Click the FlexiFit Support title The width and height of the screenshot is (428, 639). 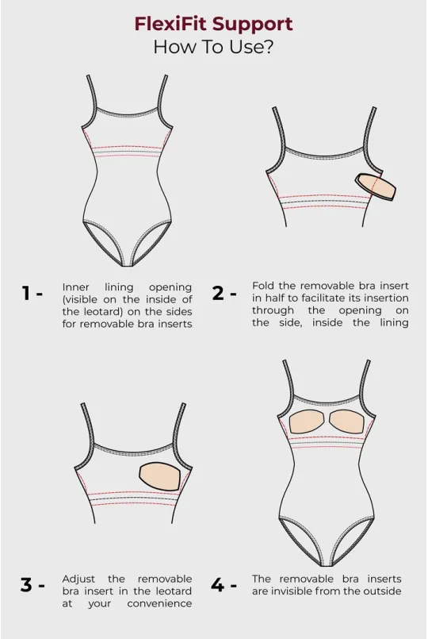tap(213, 24)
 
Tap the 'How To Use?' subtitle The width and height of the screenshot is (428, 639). tap(213, 47)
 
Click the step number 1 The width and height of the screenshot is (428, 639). tap(29, 294)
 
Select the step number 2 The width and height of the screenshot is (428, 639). tap(220, 294)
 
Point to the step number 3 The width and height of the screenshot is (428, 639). tap(29, 586)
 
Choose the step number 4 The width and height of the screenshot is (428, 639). tap(220, 586)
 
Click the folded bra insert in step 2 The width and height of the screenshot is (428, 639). tap(376, 186)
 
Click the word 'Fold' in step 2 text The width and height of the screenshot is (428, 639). tap(264, 284)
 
